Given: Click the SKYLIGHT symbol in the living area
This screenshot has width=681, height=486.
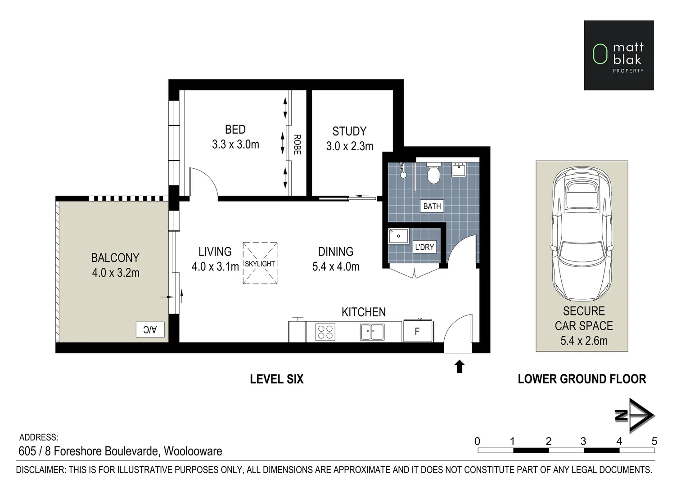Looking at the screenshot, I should [260, 263].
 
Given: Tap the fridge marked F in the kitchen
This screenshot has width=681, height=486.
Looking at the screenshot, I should [417, 331].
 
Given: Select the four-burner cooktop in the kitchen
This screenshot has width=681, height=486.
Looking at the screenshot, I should [325, 332].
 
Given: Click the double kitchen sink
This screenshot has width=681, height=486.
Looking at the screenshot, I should [372, 332].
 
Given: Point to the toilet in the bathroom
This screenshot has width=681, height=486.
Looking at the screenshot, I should [433, 173].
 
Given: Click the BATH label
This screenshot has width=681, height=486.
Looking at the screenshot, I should [432, 206].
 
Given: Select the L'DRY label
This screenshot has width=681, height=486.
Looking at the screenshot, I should [424, 247].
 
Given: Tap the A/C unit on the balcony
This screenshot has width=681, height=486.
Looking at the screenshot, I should [150, 329].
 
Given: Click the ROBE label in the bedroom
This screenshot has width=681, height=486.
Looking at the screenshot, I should [297, 144].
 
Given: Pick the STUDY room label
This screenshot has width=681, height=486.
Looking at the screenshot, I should [349, 131].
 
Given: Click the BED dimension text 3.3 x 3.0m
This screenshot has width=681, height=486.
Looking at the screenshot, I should [235, 144].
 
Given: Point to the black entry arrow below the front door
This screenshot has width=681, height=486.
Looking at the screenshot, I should [459, 366].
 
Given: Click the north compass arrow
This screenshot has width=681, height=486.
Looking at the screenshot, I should [636, 415].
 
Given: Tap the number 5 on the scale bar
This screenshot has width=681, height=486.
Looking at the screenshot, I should [654, 441].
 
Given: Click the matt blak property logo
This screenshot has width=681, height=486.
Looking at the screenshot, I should [618, 55].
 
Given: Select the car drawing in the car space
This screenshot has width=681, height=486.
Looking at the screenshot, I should [582, 234].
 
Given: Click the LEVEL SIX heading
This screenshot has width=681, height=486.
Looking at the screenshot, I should [276, 379].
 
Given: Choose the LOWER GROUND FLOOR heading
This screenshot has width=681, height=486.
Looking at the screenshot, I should [582, 379].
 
